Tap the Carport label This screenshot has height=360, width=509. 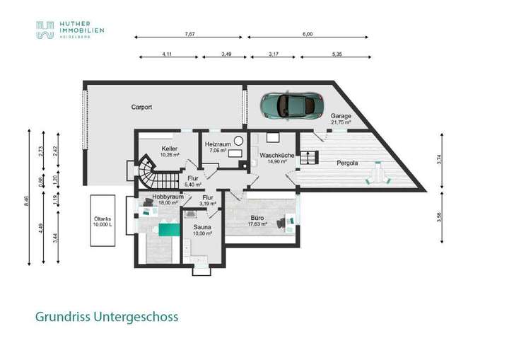coord(142,107)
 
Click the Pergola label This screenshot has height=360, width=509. coord(347,163)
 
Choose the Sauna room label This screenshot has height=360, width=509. coord(203,227)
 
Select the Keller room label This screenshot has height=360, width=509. coord(168,149)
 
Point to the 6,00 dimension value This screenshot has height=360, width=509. coord(307,33)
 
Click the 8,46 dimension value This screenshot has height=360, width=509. coord(28,200)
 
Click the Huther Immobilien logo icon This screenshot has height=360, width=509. coord(45,30)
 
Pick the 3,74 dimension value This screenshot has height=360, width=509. coord(440,160)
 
